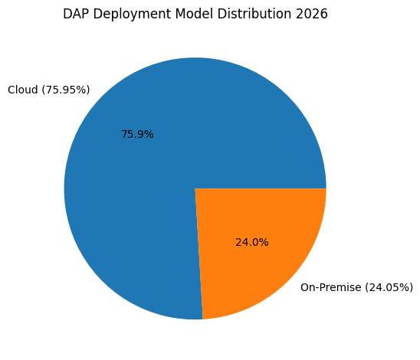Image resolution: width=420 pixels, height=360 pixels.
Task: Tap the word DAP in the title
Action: [x=76, y=14]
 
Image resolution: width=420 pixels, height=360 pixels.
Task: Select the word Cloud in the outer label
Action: [x=22, y=90]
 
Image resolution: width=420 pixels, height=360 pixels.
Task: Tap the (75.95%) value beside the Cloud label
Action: [x=65, y=90]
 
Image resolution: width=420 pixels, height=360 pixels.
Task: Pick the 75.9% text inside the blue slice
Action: [x=137, y=134]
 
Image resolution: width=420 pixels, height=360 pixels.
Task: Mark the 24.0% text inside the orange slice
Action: [x=252, y=242]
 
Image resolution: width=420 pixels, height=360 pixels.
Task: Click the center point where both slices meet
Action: [x=195, y=188]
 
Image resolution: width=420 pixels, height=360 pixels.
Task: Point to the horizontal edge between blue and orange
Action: [x=261, y=188]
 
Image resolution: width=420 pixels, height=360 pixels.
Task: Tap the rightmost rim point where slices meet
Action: [x=326, y=188]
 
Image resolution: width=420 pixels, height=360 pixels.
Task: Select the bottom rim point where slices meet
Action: [x=202, y=319]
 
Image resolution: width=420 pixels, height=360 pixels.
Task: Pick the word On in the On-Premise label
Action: [x=308, y=287]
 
